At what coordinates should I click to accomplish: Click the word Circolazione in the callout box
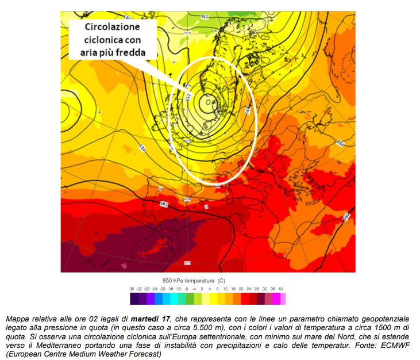tap(113, 27)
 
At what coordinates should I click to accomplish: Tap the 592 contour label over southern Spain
tap(163, 204)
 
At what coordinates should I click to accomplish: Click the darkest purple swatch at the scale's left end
tap(134, 298)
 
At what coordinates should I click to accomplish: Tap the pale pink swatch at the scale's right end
tap(282, 298)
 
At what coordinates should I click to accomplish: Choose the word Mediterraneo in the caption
tap(48, 346)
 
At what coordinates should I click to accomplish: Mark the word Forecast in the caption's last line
tap(147, 354)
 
